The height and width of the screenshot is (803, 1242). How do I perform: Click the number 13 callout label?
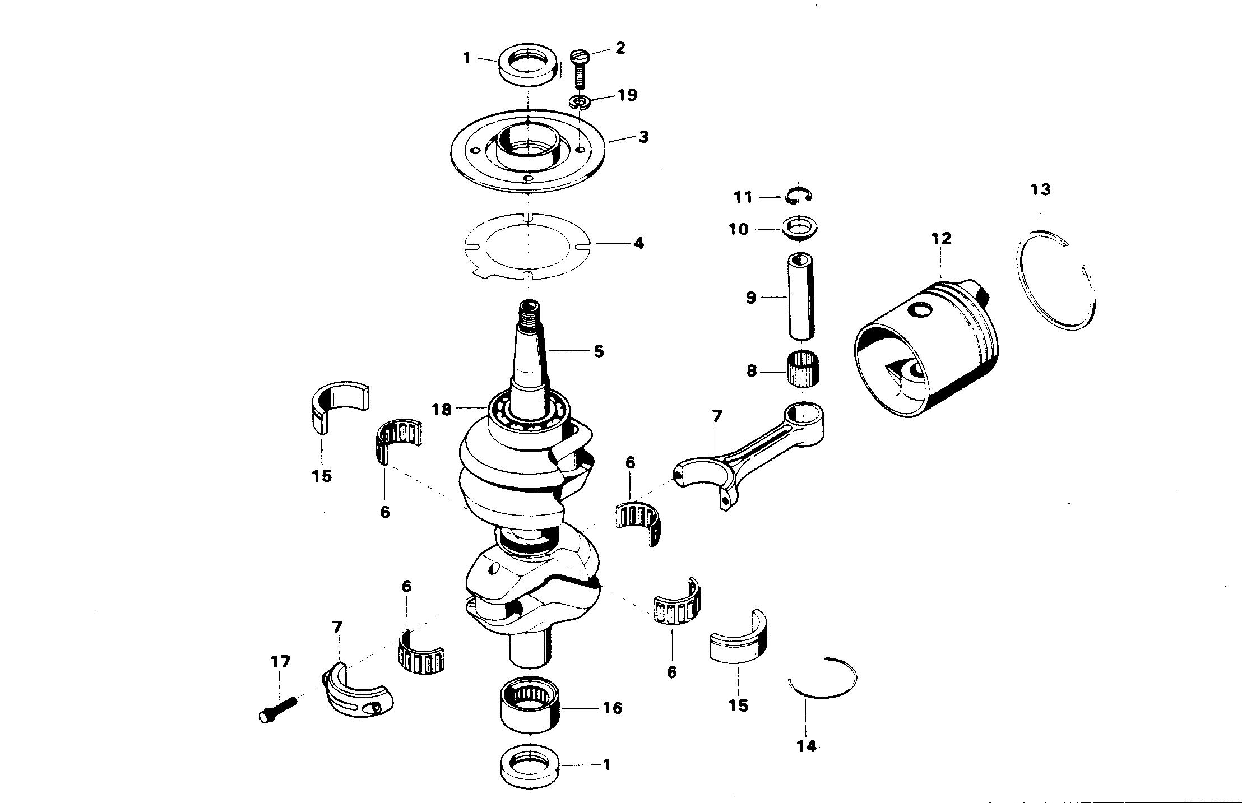(x=1040, y=190)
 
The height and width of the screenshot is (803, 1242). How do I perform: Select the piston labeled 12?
(x=925, y=353)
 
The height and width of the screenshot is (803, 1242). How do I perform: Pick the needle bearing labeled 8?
(x=803, y=368)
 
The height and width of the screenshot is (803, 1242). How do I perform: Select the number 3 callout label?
(x=643, y=137)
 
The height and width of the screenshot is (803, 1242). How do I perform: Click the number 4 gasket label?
(x=638, y=244)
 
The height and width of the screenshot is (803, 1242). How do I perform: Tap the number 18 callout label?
(x=441, y=410)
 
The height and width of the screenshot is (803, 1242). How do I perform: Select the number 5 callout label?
(x=599, y=351)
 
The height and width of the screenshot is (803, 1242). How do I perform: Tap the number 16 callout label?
(x=613, y=708)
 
